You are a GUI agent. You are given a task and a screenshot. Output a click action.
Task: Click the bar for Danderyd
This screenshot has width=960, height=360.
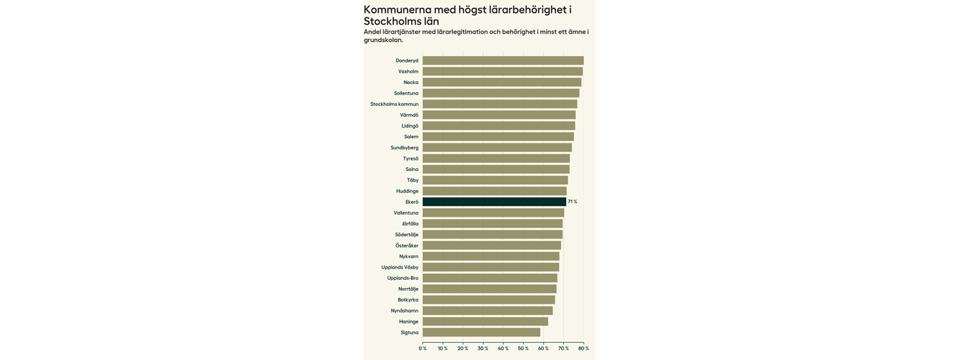click(502, 61)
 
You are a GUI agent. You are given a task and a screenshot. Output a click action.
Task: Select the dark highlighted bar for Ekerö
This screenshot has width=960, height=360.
click(494, 202)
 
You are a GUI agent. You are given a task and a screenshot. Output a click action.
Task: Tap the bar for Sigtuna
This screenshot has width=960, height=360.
click(481, 332)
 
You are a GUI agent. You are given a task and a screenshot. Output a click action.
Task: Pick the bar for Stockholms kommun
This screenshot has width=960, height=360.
click(499, 104)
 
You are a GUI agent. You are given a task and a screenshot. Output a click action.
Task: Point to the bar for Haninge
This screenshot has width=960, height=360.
click(484, 322)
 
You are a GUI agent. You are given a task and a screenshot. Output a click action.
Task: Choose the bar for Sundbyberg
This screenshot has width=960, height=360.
click(496, 148)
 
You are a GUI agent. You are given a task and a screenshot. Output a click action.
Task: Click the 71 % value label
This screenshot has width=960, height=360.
click(572, 202)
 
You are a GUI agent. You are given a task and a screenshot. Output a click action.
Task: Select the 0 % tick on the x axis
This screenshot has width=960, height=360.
click(423, 348)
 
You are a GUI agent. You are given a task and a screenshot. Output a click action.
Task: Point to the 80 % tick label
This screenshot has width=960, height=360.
click(583, 348)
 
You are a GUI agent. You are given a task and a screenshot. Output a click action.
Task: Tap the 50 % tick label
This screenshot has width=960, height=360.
click(523, 348)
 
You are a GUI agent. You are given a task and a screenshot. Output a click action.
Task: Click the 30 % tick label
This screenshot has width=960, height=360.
click(483, 348)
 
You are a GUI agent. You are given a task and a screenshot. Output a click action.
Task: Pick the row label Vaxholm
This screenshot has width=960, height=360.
click(408, 71)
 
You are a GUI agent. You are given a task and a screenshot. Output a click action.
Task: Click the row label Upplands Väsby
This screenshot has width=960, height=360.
click(400, 267)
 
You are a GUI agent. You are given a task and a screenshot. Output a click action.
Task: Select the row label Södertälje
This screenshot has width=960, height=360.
click(406, 235)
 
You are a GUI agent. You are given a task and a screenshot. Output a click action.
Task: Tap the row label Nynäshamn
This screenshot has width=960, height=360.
click(404, 310)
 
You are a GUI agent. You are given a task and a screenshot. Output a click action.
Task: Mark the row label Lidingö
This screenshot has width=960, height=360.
click(409, 126)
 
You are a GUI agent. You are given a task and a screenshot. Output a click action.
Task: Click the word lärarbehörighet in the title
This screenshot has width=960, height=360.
click(525, 10)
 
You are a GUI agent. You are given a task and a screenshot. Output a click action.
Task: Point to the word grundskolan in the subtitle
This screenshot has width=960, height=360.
click(382, 40)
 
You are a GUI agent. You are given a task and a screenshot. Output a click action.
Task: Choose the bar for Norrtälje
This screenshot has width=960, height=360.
click(489, 289)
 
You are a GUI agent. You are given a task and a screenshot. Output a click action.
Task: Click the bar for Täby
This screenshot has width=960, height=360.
click(495, 180)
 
